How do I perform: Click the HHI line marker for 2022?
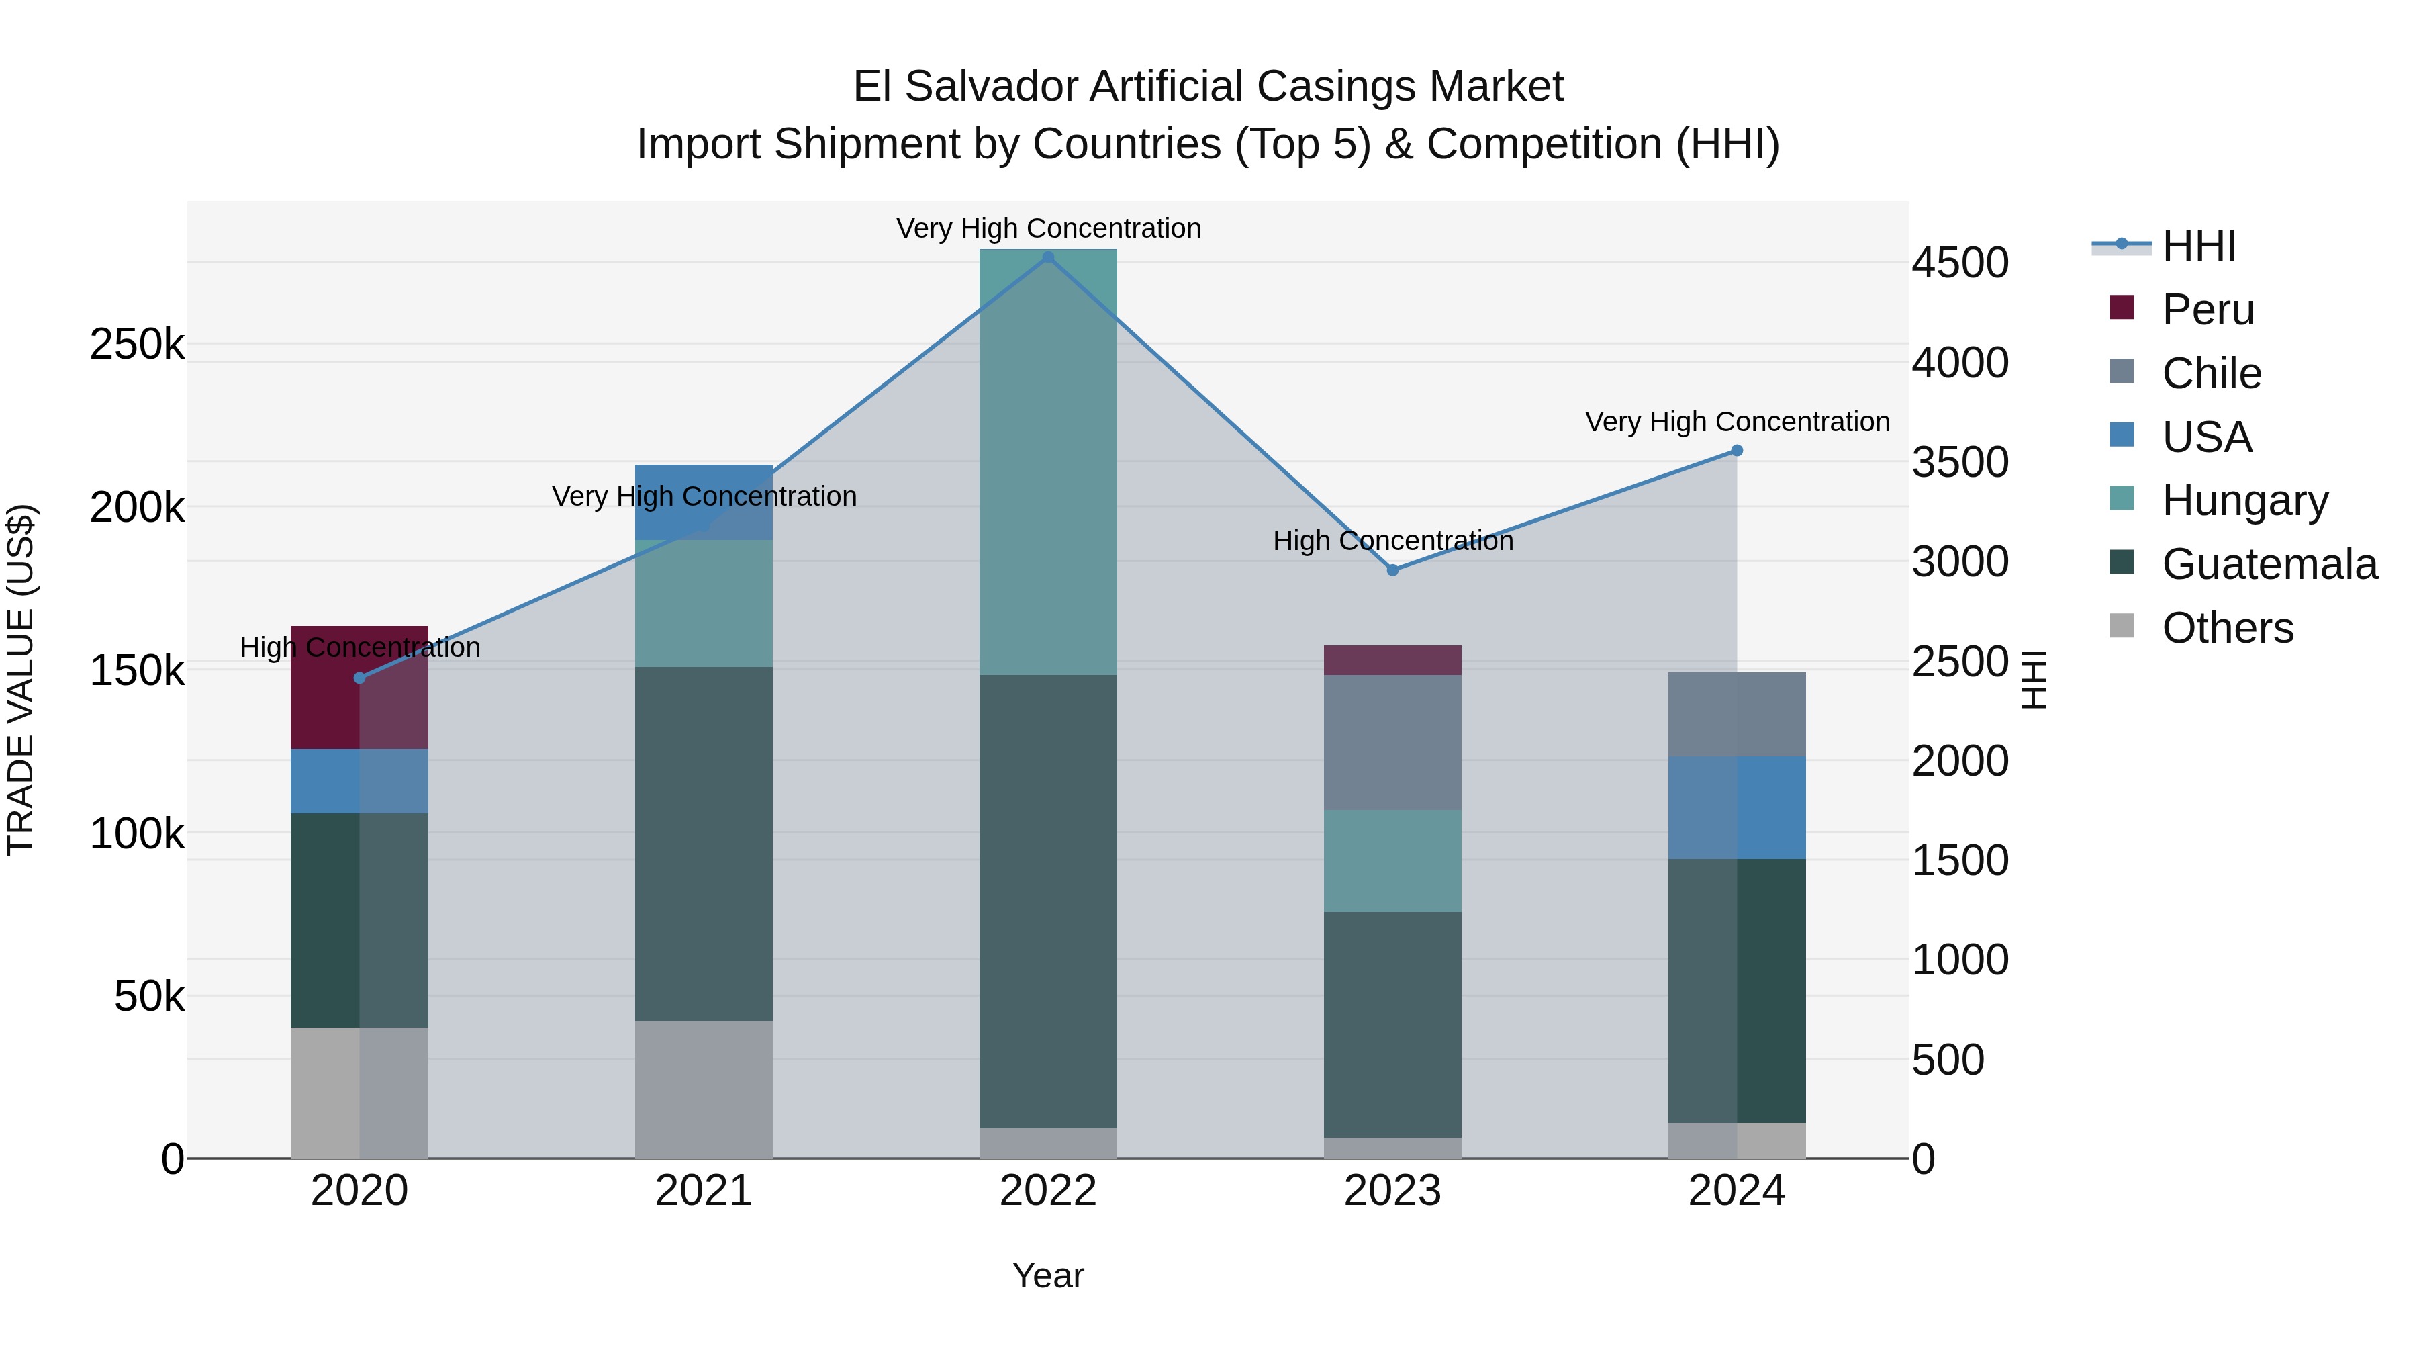pyautogui.click(x=1048, y=257)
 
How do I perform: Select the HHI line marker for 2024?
pyautogui.click(x=1737, y=451)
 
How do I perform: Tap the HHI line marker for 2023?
pyautogui.click(x=1392, y=570)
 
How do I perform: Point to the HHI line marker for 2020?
pyautogui.click(x=359, y=678)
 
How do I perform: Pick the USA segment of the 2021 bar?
pyautogui.click(x=704, y=502)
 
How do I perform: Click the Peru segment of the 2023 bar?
pyautogui.click(x=1392, y=660)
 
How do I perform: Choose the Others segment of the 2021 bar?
pyautogui.click(x=704, y=1089)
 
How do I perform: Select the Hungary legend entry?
pyautogui.click(x=2244, y=500)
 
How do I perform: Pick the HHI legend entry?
pyautogui.click(x=2198, y=246)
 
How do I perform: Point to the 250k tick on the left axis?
pyautogui.click(x=137, y=345)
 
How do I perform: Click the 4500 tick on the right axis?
pyautogui.click(x=1960, y=263)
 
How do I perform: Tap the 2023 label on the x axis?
pyautogui.click(x=1392, y=1191)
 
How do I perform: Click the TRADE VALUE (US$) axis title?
pyautogui.click(x=21, y=680)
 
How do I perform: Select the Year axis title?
pyautogui.click(x=1048, y=1275)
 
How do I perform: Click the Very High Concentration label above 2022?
pyautogui.click(x=1048, y=228)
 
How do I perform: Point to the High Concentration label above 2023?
pyautogui.click(x=1392, y=541)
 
